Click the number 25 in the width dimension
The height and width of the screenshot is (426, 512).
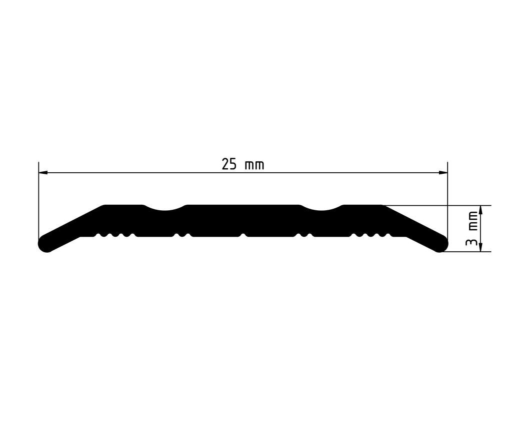click(229, 164)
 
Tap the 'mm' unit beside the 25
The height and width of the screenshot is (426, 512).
click(254, 165)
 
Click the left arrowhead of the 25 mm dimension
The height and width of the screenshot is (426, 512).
click(43, 173)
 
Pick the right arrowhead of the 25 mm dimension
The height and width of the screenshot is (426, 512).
click(443, 173)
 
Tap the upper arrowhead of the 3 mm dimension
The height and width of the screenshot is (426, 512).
click(480, 210)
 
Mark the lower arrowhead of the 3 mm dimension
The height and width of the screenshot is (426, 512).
click(480, 247)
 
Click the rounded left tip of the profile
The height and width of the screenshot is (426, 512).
click(45, 244)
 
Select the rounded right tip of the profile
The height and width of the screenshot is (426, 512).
click(440, 244)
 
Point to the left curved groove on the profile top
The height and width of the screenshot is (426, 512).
click(165, 208)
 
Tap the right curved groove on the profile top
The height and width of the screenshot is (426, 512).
click(322, 208)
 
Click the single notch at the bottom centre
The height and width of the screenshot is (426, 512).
click(243, 234)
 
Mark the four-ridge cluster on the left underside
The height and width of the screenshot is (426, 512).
click(115, 235)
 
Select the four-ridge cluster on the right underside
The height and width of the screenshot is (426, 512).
click(370, 235)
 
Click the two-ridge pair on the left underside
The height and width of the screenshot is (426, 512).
click(181, 235)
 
